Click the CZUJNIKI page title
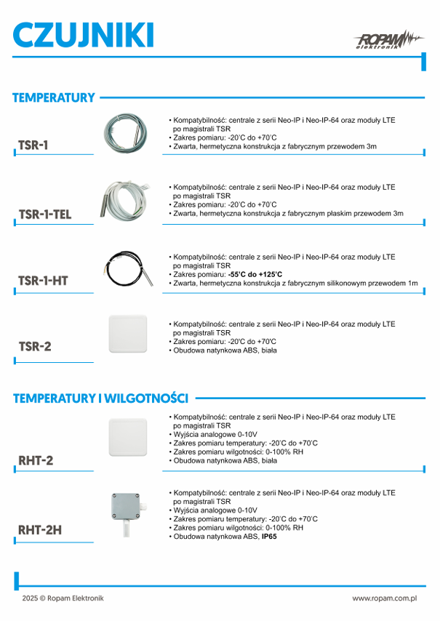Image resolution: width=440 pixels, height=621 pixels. (x=84, y=36)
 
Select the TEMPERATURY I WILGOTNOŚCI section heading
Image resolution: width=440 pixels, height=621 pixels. (x=101, y=398)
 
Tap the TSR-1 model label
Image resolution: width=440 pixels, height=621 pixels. (x=34, y=145)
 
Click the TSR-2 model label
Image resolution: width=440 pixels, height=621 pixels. (x=36, y=347)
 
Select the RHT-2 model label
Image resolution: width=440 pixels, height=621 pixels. (x=36, y=460)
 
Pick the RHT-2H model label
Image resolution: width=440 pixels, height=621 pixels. (x=41, y=529)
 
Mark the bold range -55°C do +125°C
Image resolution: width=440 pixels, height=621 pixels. (x=255, y=274)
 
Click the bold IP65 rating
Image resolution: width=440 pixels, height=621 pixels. (x=269, y=537)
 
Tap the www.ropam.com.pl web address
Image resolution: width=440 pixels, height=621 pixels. (x=384, y=598)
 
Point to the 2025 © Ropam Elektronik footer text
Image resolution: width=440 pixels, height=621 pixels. (x=63, y=598)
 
